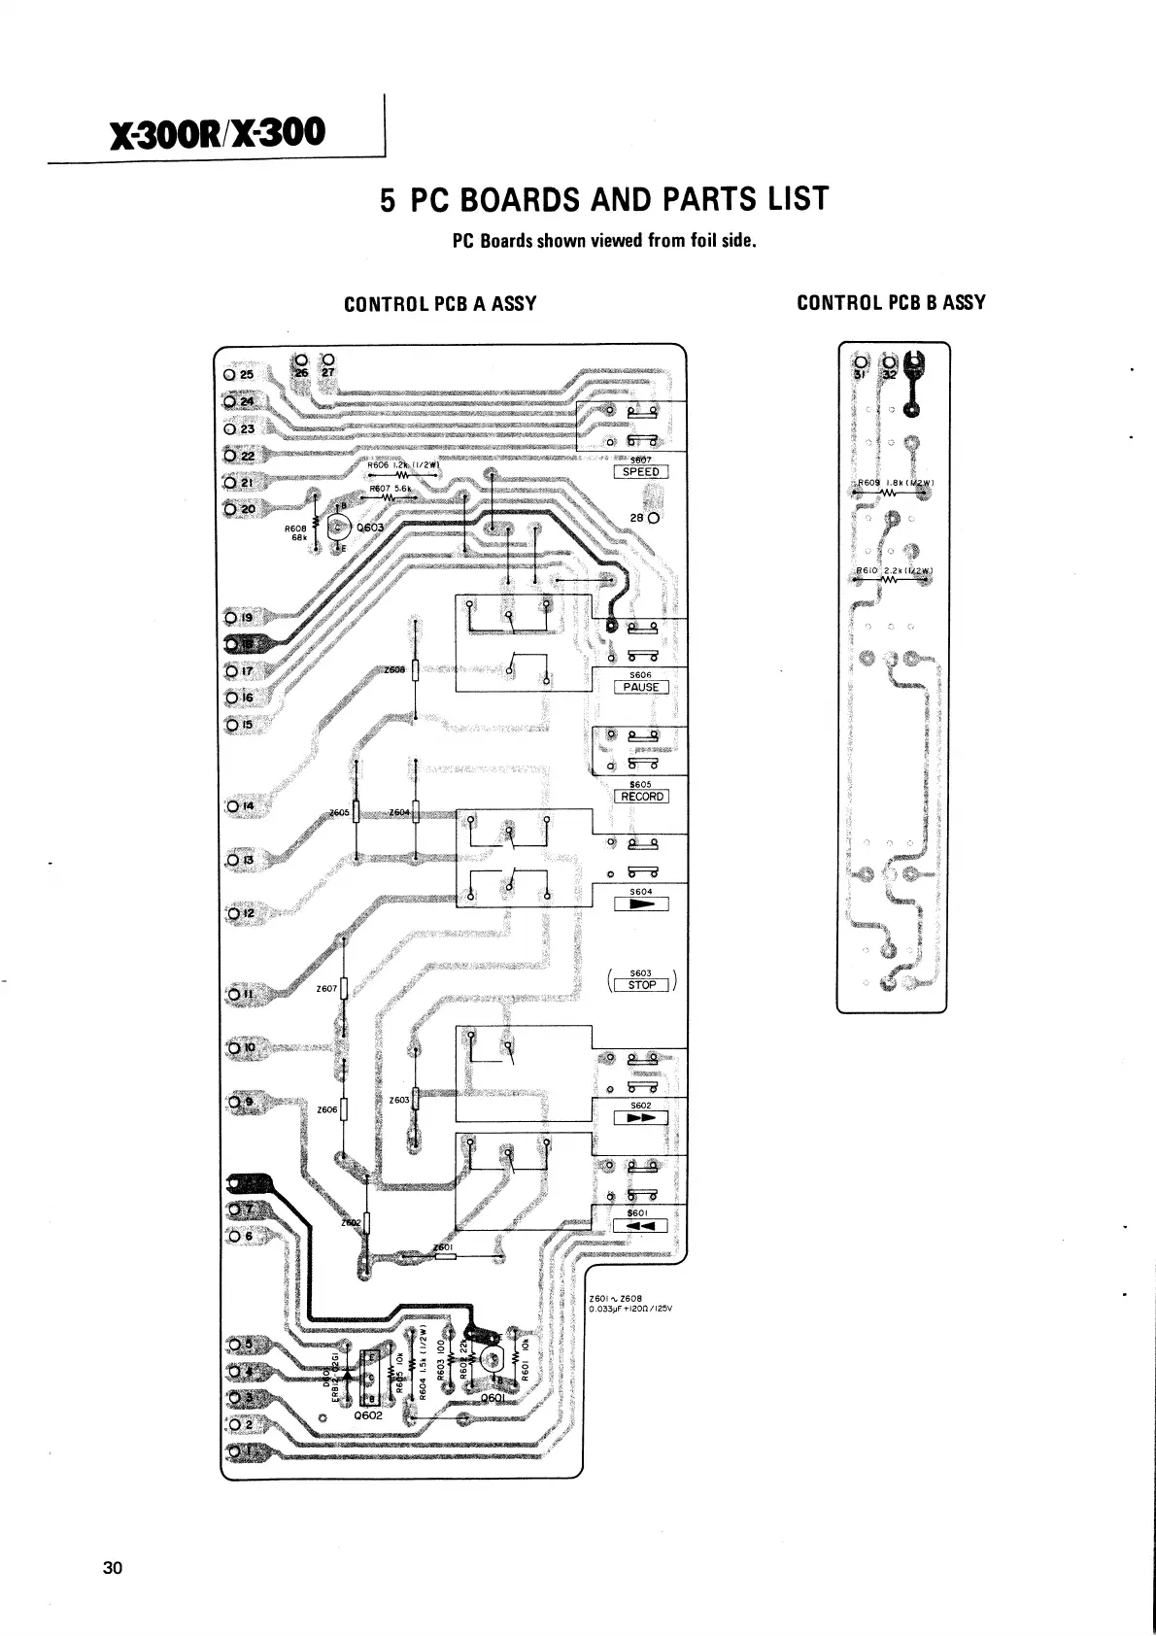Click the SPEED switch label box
click(x=641, y=472)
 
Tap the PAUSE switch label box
click(x=641, y=688)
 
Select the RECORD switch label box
click(x=641, y=797)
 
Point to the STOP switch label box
click(x=641, y=985)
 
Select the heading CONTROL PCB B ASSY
click(x=891, y=302)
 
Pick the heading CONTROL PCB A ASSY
click(x=440, y=303)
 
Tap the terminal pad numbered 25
click(x=230, y=374)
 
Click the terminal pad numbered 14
click(x=231, y=806)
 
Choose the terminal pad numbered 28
click(x=654, y=518)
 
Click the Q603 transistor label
click(x=369, y=528)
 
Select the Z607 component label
click(x=326, y=989)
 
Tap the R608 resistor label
click(x=295, y=530)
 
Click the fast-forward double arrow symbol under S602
click(x=641, y=1118)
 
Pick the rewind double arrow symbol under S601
click(x=641, y=1226)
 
